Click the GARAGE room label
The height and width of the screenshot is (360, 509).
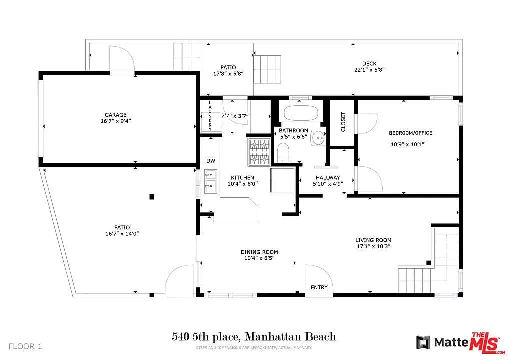tap(116, 115)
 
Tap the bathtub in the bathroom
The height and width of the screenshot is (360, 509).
tap(301, 113)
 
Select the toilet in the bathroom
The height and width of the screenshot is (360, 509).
tap(283, 152)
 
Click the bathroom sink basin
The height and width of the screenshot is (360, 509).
tap(318, 138)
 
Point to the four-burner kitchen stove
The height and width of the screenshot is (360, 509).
tap(259, 152)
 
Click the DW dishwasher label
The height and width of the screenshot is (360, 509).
tap(211, 161)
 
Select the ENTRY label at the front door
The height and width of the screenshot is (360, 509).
tap(319, 287)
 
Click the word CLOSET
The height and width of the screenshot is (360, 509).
tap(343, 122)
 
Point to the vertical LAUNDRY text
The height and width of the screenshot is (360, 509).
tap(210, 116)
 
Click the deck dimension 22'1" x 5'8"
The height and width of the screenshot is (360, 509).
tap(369, 70)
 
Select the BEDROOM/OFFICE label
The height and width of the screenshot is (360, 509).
tap(410, 133)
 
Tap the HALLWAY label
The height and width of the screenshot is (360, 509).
tap(328, 178)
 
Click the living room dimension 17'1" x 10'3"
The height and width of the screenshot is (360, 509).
tap(373, 246)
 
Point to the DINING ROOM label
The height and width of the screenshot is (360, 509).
tap(259, 252)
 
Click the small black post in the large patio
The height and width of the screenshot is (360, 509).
tap(152, 196)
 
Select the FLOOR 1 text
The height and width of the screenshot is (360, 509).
tap(25, 346)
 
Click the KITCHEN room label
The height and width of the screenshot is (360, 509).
tap(243, 178)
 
